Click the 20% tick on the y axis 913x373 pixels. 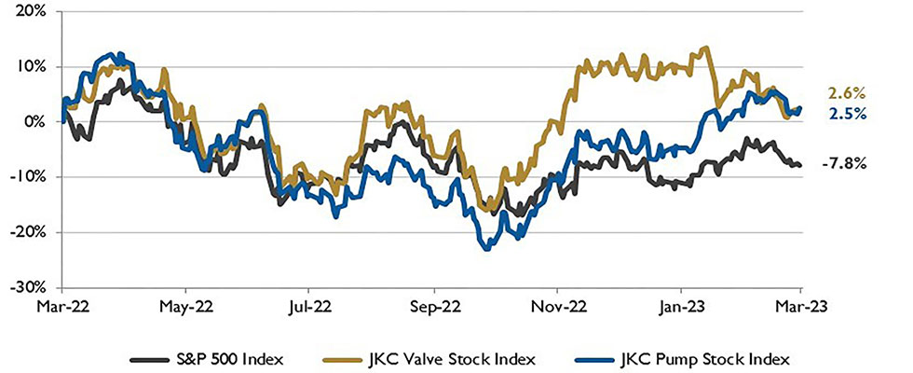(x=33, y=13)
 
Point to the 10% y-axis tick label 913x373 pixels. (x=33, y=68)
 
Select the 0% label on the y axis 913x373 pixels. (x=37, y=122)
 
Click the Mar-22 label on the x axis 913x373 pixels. (x=64, y=305)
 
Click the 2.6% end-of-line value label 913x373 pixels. (x=848, y=93)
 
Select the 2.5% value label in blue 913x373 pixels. (x=848, y=115)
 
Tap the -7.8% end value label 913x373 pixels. (x=844, y=163)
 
